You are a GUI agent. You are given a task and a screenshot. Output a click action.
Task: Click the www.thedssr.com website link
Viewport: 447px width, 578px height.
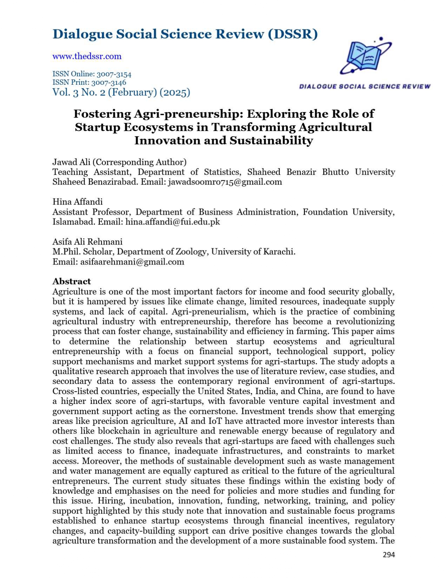(87, 56)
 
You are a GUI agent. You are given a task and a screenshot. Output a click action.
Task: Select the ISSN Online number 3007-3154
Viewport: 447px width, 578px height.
(111, 74)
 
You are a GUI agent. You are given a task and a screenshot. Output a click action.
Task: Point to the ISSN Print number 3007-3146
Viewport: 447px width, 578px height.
(109, 83)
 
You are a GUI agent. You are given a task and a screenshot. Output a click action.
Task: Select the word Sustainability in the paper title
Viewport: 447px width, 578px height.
(271, 141)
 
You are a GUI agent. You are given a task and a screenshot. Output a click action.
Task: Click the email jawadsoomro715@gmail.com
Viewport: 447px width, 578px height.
(225, 182)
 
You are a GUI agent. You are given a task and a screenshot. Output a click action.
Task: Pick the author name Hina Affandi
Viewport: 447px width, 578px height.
(77, 202)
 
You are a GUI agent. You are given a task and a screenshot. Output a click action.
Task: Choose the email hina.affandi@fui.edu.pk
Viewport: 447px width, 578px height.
(172, 222)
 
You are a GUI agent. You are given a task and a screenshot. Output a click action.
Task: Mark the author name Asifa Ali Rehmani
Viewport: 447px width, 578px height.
(87, 242)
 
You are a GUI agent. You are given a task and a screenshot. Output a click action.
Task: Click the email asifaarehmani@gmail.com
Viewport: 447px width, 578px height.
(132, 262)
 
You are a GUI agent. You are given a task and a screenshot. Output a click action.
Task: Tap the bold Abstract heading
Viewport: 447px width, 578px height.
(72, 281)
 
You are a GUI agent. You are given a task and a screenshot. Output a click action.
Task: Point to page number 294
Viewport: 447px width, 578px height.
(389, 555)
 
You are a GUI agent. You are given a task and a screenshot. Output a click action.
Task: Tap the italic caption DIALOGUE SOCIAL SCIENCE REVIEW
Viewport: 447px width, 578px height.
(365, 87)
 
